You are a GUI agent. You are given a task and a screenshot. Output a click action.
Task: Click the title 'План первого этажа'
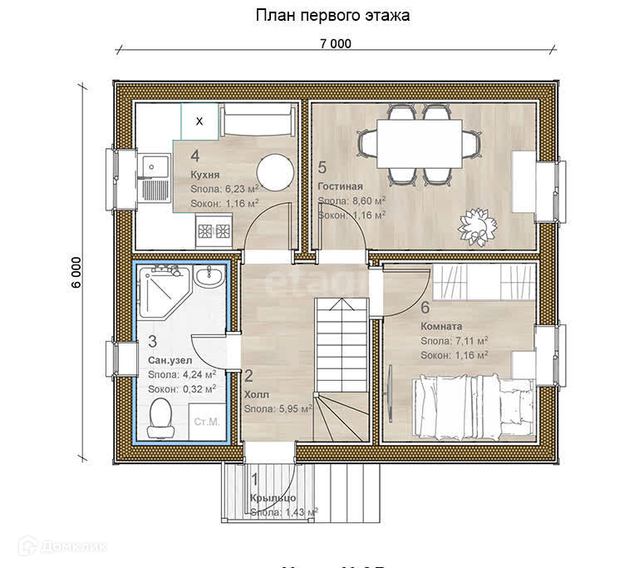pyautogui.click(x=332, y=15)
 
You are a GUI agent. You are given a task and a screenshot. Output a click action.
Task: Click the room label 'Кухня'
pyautogui.click(x=204, y=175)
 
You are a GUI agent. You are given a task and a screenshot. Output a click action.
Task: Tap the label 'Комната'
pyautogui.click(x=442, y=326)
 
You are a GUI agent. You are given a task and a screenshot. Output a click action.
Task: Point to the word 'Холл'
pyautogui.click(x=256, y=394)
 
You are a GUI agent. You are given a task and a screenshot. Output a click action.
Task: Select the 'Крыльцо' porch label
pyautogui.click(x=272, y=497)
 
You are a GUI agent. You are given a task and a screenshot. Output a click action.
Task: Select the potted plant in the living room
pyautogui.click(x=477, y=224)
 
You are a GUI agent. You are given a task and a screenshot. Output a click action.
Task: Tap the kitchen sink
pyautogui.click(x=152, y=167)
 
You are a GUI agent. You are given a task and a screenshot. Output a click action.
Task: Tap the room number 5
pyautogui.click(x=322, y=165)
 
